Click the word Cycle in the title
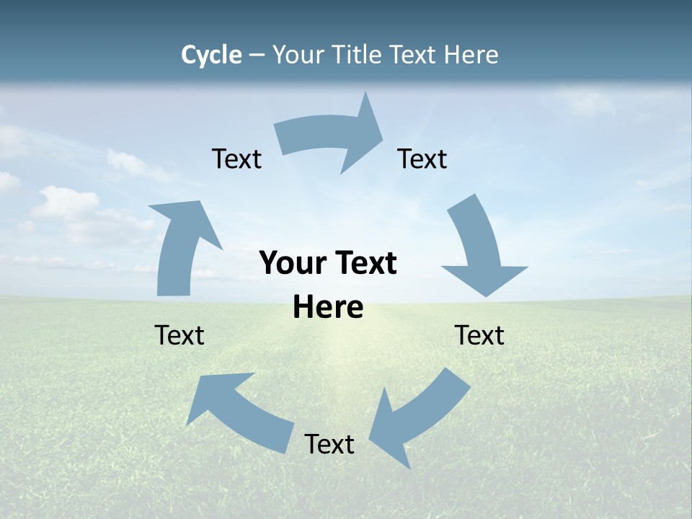(211, 55)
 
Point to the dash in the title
(257, 56)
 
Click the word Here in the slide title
(471, 55)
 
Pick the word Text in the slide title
(414, 55)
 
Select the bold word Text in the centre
(364, 264)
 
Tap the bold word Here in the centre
(328, 307)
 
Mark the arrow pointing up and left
(238, 411)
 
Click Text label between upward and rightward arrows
(236, 159)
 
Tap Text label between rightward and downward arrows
(422, 159)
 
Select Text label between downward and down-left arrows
(479, 335)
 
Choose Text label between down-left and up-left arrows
(329, 444)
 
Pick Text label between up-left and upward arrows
(179, 335)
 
